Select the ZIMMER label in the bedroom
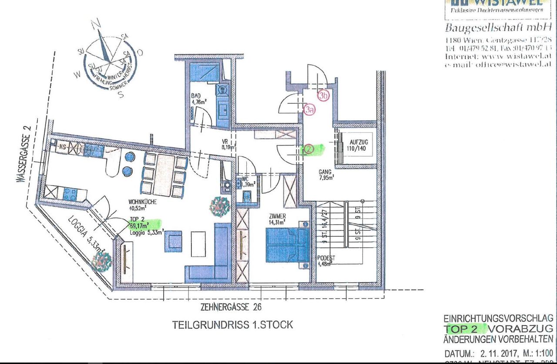click(277, 216)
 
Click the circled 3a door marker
click(309, 110)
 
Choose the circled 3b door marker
click(323, 96)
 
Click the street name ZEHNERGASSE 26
click(231, 307)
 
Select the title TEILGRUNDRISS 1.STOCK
click(232, 324)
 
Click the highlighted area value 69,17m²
click(139, 225)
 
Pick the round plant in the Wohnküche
click(220, 206)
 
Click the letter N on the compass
click(99, 24)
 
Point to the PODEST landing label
click(326, 258)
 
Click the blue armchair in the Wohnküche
click(173, 242)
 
